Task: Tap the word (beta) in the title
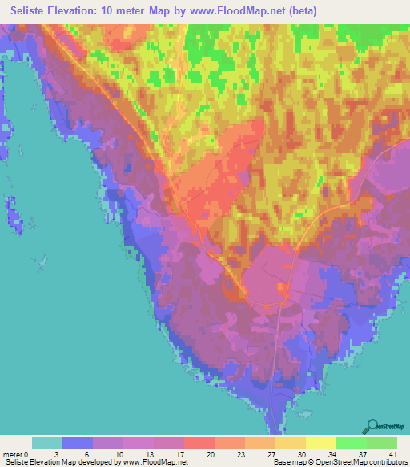[303, 11]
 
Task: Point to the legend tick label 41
[393, 454]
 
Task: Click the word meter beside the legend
[14, 454]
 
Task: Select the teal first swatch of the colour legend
[47, 442]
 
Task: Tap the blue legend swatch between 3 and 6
[78, 442]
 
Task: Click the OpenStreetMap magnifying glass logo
[372, 425]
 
